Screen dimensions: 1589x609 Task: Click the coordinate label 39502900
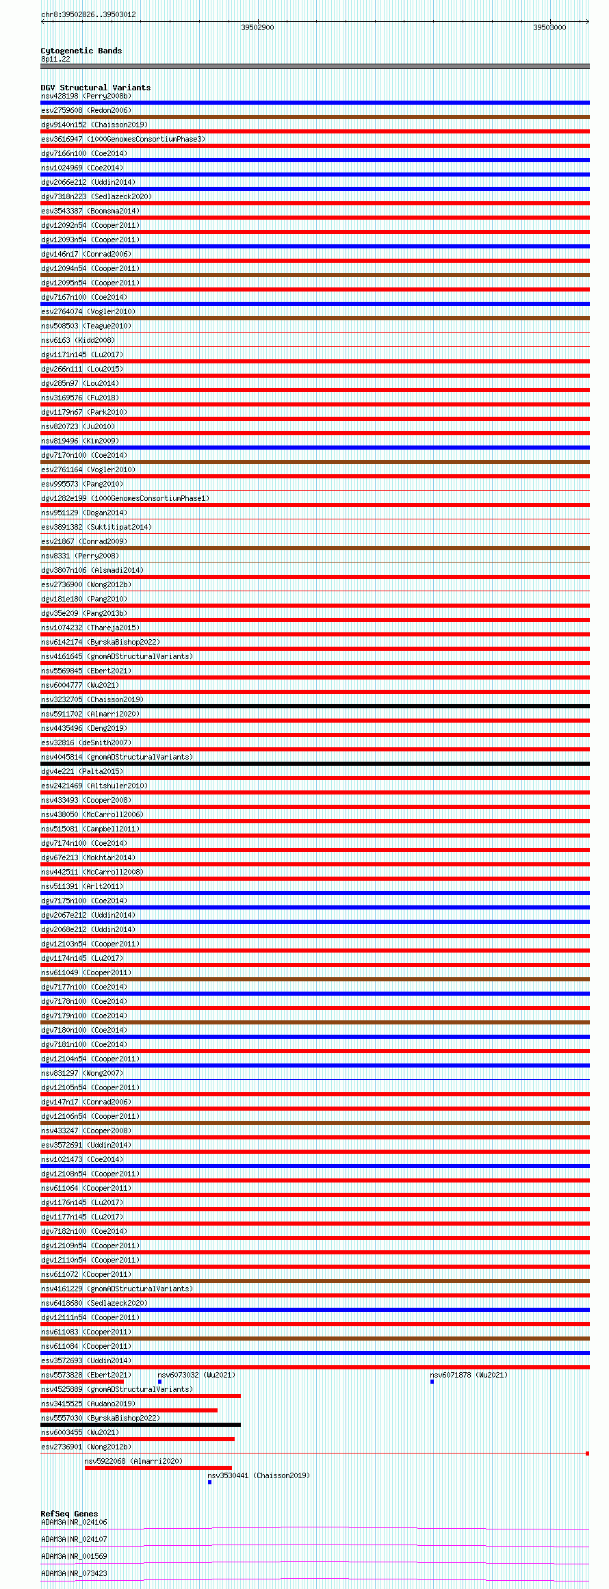(x=257, y=27)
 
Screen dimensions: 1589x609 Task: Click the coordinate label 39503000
(x=549, y=27)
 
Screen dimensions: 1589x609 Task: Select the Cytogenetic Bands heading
(x=81, y=51)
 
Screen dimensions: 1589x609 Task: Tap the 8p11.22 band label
(x=55, y=59)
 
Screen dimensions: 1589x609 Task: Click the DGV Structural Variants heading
(x=95, y=88)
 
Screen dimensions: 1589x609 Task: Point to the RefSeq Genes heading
(x=69, y=1514)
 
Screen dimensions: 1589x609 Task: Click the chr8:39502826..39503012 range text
(x=88, y=14)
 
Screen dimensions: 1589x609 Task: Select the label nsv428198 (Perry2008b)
(x=86, y=96)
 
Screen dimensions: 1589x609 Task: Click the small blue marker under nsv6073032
(x=159, y=1382)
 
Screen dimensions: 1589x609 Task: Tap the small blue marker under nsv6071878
(x=432, y=1382)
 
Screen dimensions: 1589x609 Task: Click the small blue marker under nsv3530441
(x=209, y=1482)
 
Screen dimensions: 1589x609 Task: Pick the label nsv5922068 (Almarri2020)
(x=133, y=1461)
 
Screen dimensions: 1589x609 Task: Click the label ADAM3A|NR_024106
(x=74, y=1522)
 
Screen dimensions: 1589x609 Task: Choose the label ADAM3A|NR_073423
(x=74, y=1573)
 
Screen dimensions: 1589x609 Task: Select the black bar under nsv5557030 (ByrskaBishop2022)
(x=140, y=1425)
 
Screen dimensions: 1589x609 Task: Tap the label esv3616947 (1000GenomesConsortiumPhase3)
(x=123, y=139)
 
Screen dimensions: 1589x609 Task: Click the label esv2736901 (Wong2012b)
(x=86, y=1447)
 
